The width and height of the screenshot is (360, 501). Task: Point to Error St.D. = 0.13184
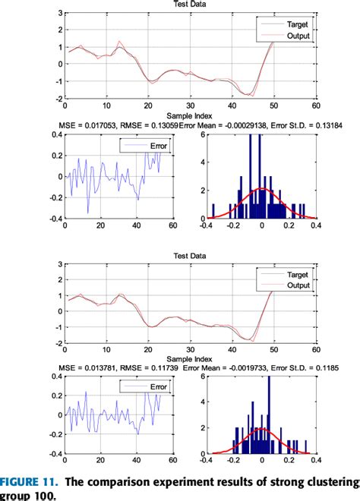point(291,124)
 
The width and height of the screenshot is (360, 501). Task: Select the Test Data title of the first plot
point(191,4)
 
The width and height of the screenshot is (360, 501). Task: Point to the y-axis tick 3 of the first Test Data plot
point(59,13)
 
